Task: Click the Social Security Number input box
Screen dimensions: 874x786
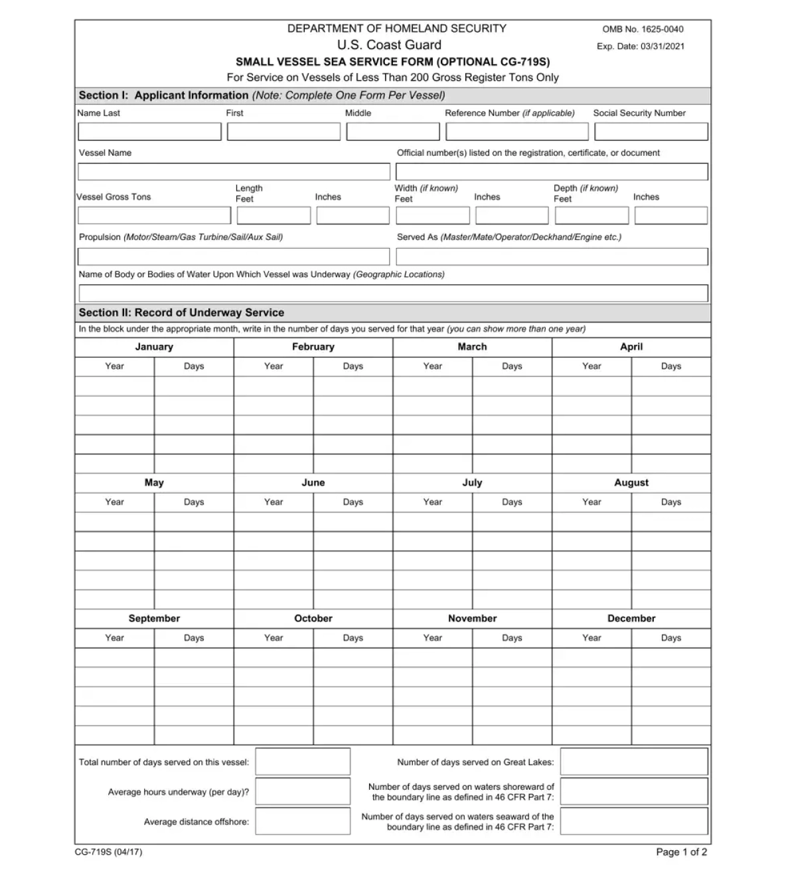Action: pos(651,131)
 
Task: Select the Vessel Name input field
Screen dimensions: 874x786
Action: pos(234,172)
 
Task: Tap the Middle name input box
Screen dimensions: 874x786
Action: pos(392,131)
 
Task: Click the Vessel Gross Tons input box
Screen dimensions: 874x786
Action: pos(154,216)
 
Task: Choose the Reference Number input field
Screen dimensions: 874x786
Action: pos(516,131)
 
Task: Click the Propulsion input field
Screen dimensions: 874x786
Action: pos(234,257)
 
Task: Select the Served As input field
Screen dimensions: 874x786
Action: pos(552,257)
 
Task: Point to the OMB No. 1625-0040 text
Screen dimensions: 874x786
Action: pos(643,29)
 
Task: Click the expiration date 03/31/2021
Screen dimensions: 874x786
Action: pos(663,46)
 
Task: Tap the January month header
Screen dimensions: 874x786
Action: pos(154,347)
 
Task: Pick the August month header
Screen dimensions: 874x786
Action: pos(631,483)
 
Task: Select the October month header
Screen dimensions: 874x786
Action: pos(313,619)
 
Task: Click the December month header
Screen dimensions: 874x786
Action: pos(631,619)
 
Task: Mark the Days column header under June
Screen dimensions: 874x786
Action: pos(353,502)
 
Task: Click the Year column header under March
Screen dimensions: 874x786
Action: pos(433,366)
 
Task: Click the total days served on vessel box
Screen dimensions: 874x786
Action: pos(303,762)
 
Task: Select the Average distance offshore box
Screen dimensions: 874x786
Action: pos(303,821)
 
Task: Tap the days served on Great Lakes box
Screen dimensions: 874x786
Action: pos(634,762)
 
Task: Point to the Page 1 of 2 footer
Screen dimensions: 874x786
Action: pos(681,852)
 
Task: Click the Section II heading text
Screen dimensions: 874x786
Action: pos(181,313)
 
